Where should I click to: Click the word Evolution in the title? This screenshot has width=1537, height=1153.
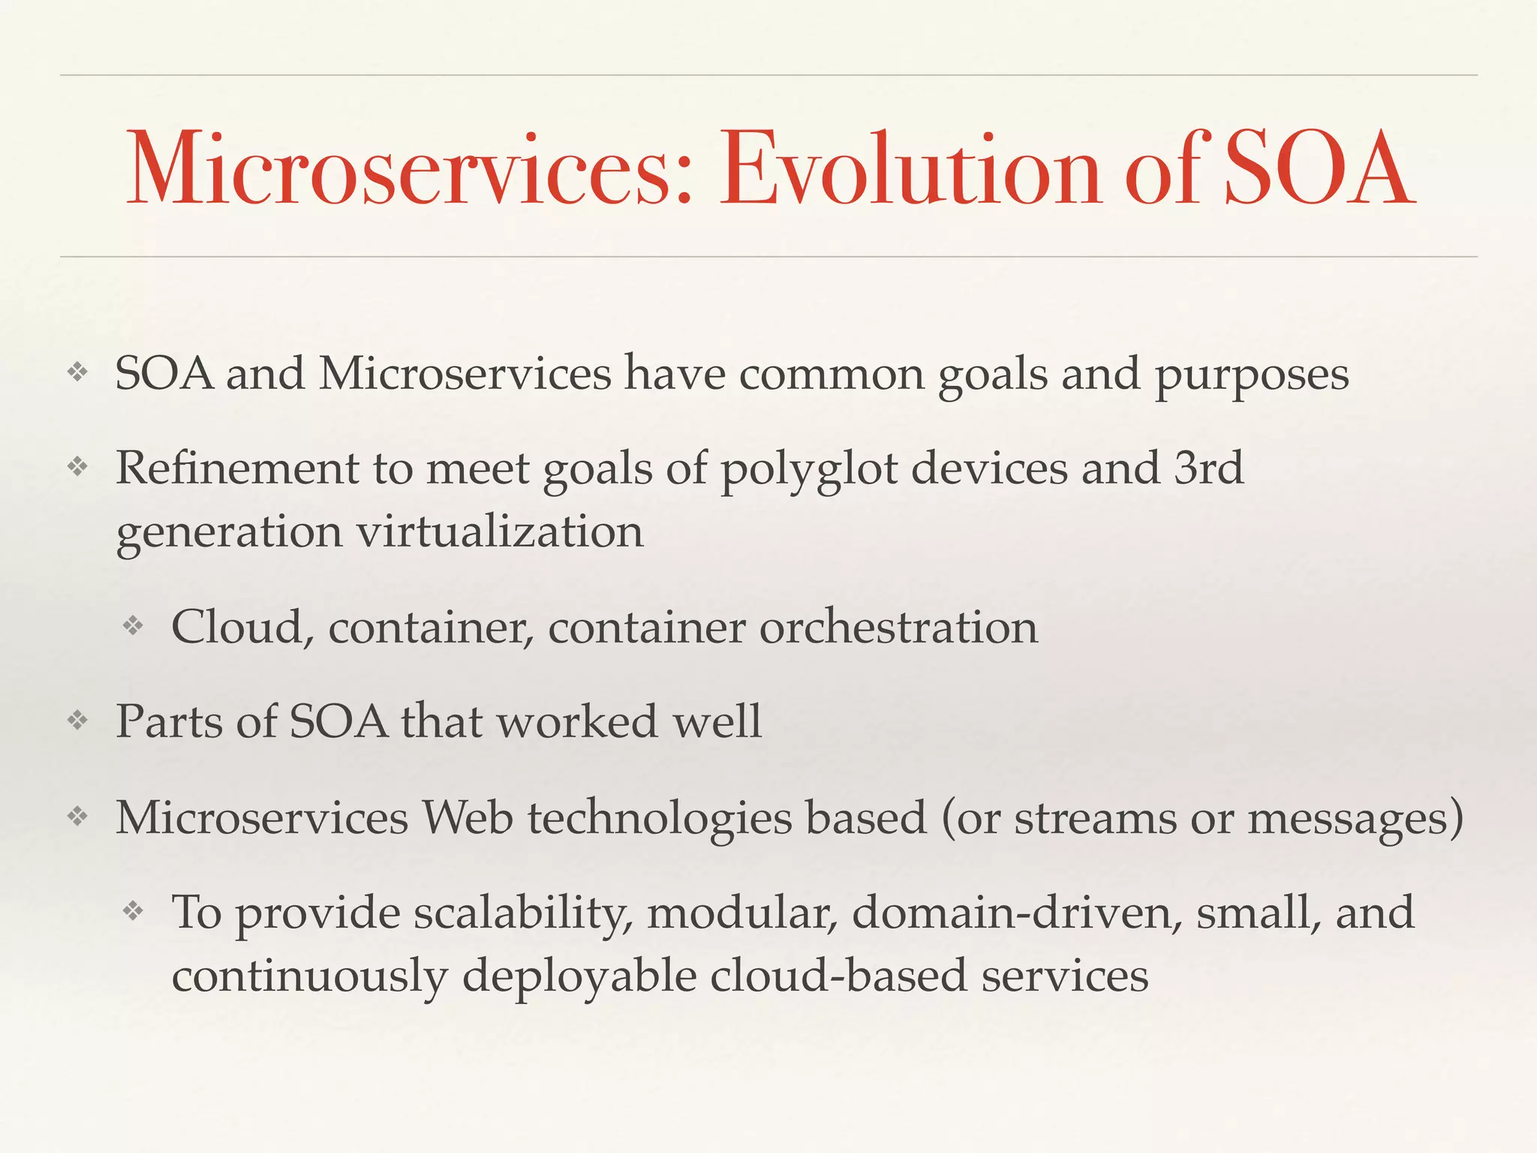(910, 170)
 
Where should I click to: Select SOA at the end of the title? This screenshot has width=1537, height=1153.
(1318, 170)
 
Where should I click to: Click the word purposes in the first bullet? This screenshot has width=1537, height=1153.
(1251, 375)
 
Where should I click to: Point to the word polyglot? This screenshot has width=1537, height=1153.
(809, 470)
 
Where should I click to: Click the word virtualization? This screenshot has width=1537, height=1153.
(499, 532)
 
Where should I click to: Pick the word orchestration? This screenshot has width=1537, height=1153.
(898, 628)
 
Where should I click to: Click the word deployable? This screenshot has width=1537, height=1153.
(579, 977)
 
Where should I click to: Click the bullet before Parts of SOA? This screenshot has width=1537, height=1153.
(77, 721)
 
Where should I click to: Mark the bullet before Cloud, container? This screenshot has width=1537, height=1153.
(133, 625)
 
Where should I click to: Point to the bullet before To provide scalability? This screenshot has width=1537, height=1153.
(133, 911)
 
